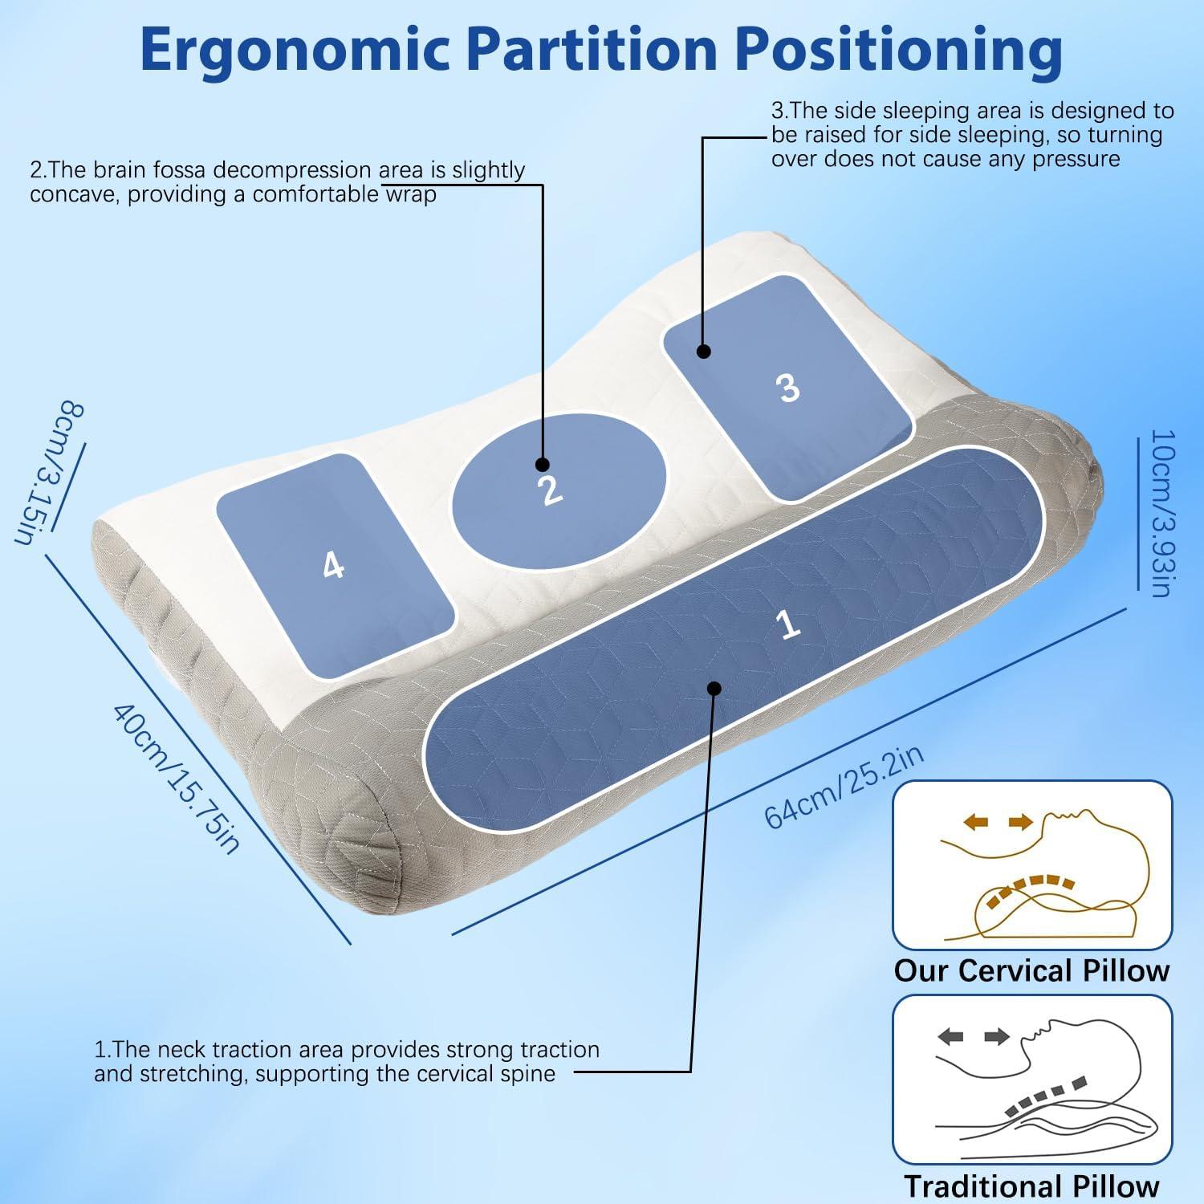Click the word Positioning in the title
click(899, 50)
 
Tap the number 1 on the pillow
click(790, 624)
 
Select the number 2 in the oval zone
click(551, 489)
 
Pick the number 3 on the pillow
click(789, 388)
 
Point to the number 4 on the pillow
click(333, 566)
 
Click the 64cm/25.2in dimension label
click(844, 786)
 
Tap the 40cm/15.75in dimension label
click(176, 778)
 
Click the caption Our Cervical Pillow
click(1031, 970)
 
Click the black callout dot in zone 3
click(704, 351)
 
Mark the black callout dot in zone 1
click(714, 688)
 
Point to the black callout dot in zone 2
click(543, 464)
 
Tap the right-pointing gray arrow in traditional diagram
click(997, 1038)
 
